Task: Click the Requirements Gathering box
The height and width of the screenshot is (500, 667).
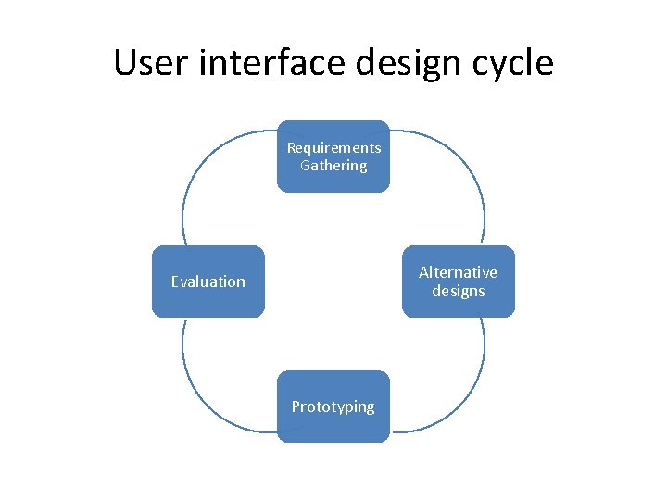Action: [333, 156]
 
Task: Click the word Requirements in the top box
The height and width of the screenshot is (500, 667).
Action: [333, 148]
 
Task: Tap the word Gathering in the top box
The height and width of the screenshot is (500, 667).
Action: [333, 166]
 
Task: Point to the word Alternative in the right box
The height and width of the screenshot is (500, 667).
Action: [458, 272]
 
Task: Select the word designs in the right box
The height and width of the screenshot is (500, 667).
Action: [458, 291]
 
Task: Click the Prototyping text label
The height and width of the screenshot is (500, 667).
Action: [333, 406]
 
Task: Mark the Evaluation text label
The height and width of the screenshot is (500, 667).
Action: [208, 281]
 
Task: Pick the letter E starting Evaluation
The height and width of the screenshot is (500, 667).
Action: [175, 281]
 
